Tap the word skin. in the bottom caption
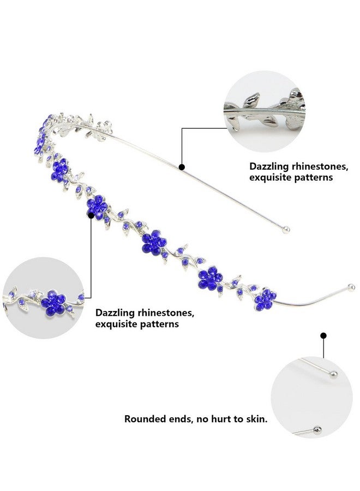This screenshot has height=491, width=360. click(257, 418)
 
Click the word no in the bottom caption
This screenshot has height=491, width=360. click(202, 420)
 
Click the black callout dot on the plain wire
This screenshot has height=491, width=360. click(182, 167)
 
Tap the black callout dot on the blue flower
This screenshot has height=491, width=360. click(91, 215)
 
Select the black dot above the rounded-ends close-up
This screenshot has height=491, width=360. click(323, 336)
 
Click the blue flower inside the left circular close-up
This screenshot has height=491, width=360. click(53, 302)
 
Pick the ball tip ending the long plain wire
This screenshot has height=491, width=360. click(285, 230)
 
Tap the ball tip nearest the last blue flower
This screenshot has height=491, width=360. click(351, 287)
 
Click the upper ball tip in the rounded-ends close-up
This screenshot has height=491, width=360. click(334, 374)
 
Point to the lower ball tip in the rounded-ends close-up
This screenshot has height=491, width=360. click(317, 430)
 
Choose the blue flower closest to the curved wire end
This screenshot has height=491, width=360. click(265, 300)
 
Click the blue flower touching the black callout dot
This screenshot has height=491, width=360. click(97, 207)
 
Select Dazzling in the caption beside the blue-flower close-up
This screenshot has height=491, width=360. click(115, 313)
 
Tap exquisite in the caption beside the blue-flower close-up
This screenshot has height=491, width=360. click(116, 324)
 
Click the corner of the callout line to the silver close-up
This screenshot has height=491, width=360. click(182, 128)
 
